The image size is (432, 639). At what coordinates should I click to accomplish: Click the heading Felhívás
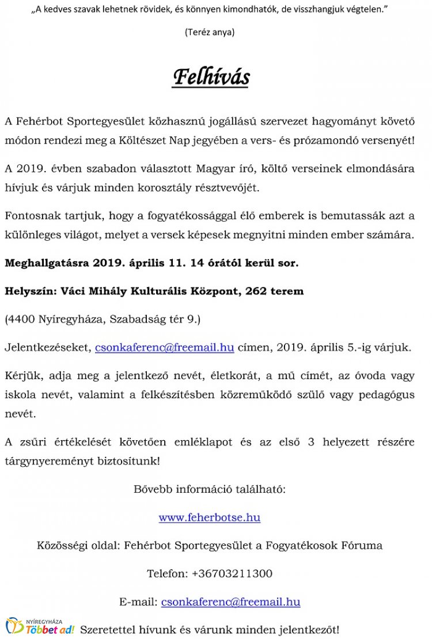click(211, 77)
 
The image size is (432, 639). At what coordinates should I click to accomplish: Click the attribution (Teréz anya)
click(210, 32)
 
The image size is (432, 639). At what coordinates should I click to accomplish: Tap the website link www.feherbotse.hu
click(209, 517)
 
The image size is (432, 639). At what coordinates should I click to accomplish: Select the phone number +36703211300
click(232, 573)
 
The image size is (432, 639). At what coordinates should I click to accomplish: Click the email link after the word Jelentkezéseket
click(164, 347)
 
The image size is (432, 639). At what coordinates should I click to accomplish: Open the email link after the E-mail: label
click(230, 602)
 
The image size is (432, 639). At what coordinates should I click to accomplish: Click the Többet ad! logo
click(40, 627)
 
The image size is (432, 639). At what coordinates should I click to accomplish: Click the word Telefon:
click(167, 573)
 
